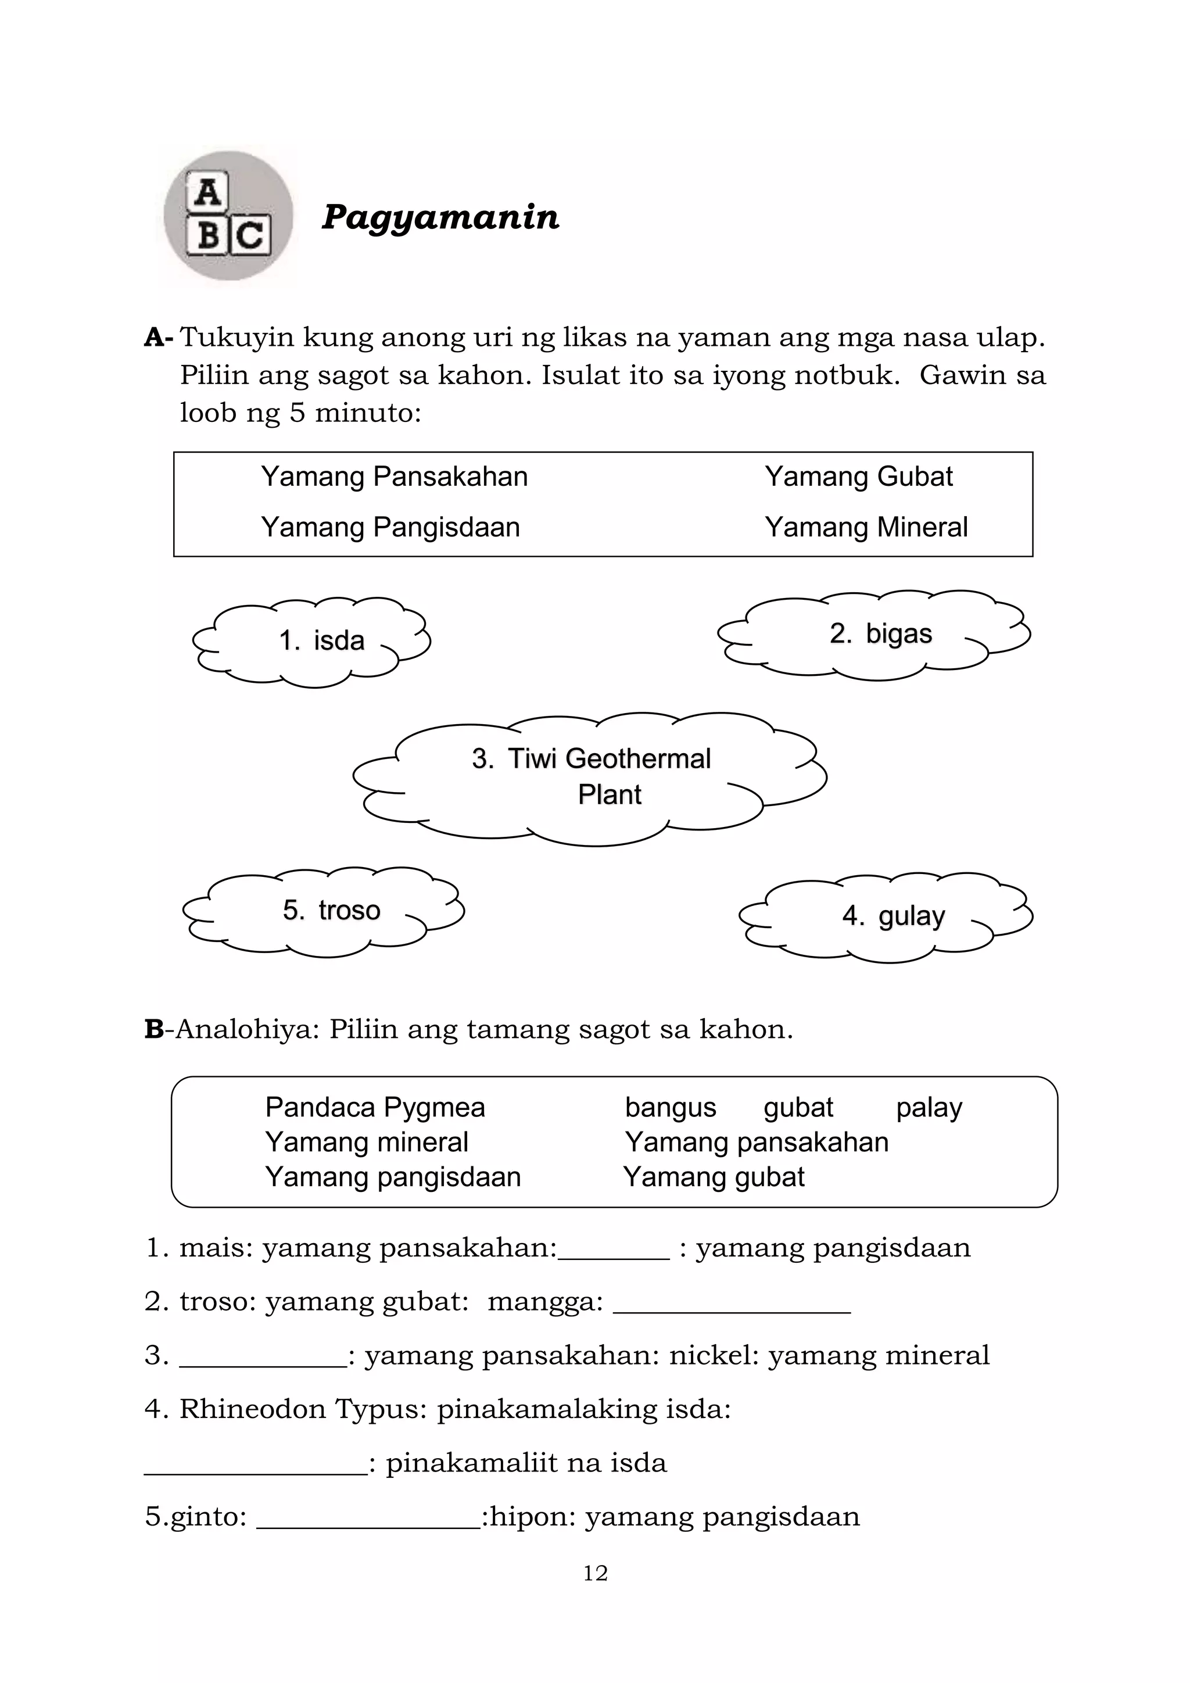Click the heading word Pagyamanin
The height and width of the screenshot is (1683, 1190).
pyautogui.click(x=440, y=217)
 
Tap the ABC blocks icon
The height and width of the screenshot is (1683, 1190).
pyautogui.click(x=228, y=216)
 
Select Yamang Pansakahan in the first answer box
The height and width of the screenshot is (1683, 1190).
pyautogui.click(x=394, y=477)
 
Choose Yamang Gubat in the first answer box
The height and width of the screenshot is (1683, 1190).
pyautogui.click(x=858, y=477)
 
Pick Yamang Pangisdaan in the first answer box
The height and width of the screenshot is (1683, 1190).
pyautogui.click(x=390, y=528)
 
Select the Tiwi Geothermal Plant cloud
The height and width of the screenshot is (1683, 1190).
pyautogui.click(x=590, y=777)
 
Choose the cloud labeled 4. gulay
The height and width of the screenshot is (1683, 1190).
pyautogui.click(x=887, y=916)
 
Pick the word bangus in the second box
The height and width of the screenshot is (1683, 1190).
pyautogui.click(x=670, y=1108)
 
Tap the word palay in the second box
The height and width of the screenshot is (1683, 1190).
pyautogui.click(x=929, y=1108)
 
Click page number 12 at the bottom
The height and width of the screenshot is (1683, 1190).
pyautogui.click(x=595, y=1574)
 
